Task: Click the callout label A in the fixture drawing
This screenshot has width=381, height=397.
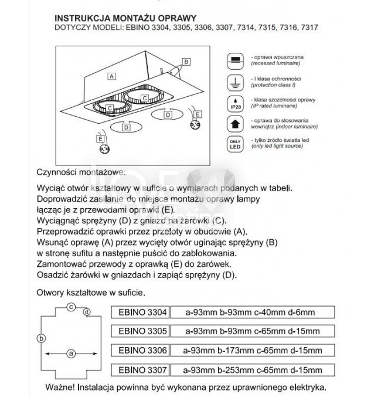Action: [x=111, y=76]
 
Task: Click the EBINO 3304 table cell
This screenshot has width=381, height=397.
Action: [x=142, y=311]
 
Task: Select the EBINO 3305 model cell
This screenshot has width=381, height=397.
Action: [x=142, y=331]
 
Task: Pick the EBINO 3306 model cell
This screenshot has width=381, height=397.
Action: [x=142, y=351]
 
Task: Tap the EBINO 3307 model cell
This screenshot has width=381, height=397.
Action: [x=142, y=370]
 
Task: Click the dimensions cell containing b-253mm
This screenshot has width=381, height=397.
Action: [x=253, y=370]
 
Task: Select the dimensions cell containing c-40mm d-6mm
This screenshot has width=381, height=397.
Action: [x=253, y=311]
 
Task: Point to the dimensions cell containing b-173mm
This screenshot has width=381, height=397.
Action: [x=253, y=351]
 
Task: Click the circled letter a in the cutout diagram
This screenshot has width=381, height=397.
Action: [x=71, y=354]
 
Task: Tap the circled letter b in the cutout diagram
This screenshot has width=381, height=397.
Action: [x=40, y=338]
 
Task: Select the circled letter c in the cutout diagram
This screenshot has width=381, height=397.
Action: [x=70, y=306]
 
